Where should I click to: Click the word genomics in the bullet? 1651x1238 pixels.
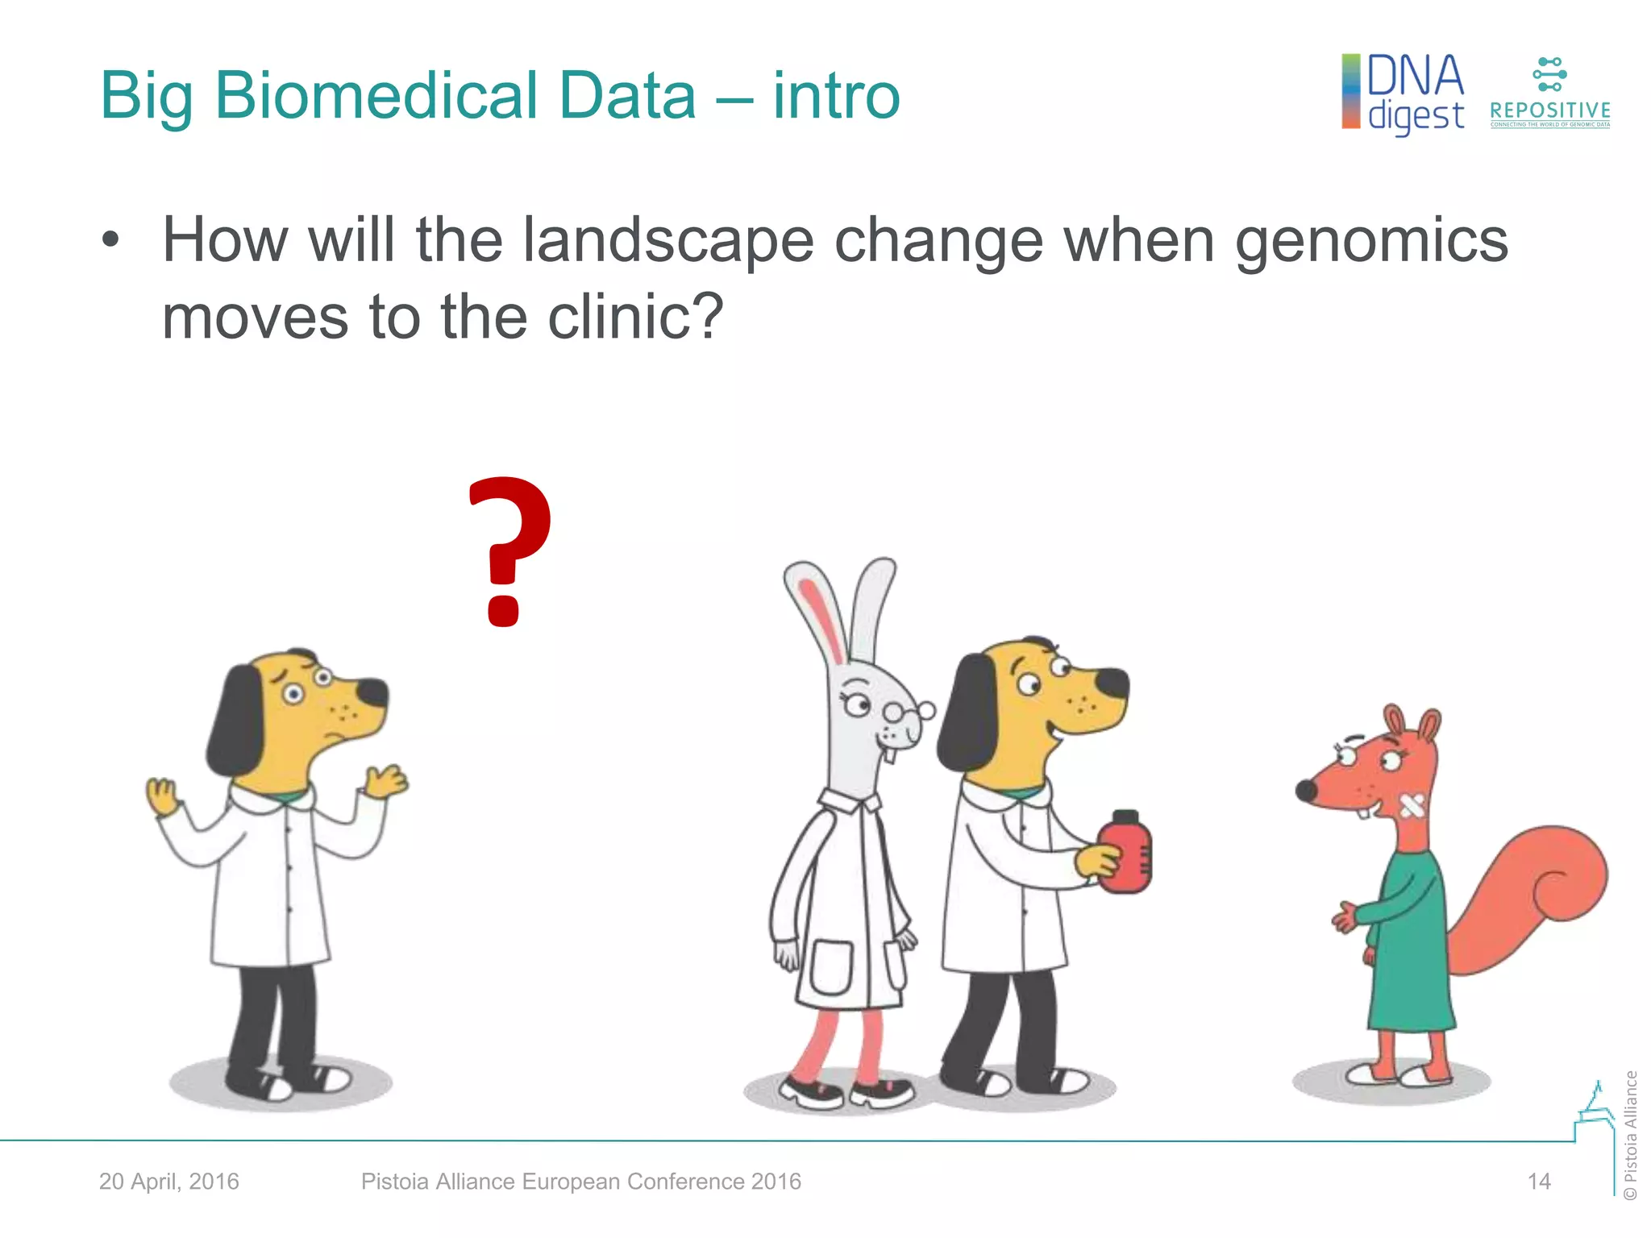(x=1370, y=240)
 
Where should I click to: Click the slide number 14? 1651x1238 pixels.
(x=1538, y=1182)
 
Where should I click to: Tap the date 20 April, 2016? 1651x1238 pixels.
(x=169, y=1182)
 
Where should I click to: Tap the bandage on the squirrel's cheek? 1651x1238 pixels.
(x=1411, y=805)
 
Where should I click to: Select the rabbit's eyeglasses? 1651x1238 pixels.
(x=907, y=712)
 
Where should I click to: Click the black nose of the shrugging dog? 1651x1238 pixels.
(x=373, y=692)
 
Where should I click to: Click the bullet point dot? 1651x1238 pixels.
(x=110, y=240)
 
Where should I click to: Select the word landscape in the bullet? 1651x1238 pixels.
(x=667, y=240)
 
